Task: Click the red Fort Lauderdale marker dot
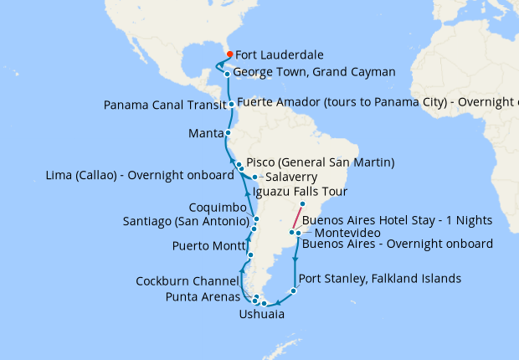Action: click(229, 54)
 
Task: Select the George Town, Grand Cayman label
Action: click(315, 73)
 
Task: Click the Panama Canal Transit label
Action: click(164, 105)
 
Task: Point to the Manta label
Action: click(205, 133)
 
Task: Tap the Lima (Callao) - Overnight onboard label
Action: click(138, 176)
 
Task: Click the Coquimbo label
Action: click(218, 208)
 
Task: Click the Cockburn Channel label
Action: click(188, 280)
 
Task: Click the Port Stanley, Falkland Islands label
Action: click(379, 279)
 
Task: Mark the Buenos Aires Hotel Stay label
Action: click(397, 219)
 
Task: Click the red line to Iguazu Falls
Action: click(297, 218)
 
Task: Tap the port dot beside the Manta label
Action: click(228, 133)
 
